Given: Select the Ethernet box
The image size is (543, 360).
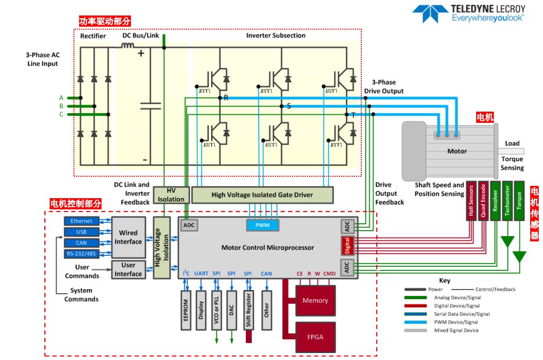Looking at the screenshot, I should [81, 221].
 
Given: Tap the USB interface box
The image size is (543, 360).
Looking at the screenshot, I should [81, 232].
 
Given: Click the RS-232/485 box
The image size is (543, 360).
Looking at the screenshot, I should [81, 253].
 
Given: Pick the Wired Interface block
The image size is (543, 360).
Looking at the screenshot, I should [128, 237].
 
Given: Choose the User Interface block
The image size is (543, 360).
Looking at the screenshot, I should [128, 270].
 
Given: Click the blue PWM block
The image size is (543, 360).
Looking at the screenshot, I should [262, 225].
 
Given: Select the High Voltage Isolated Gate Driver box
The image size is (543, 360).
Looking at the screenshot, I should [262, 194].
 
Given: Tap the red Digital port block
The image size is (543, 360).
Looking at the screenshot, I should [347, 246].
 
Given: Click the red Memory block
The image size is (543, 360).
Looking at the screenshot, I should [315, 300].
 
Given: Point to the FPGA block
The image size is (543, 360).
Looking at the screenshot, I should [315, 337].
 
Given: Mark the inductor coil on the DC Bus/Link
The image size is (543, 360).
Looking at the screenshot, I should [127, 46].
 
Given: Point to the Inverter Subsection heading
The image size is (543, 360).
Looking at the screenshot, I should [276, 35].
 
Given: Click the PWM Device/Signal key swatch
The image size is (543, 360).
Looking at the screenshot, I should [418, 322].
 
